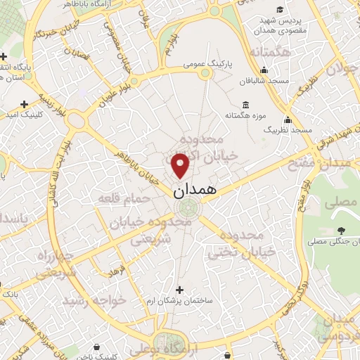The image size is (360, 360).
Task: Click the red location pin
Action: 181,165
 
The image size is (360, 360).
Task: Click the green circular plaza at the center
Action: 187,208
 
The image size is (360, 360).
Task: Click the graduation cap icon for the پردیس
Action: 280,9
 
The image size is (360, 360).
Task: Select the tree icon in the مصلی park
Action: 341,231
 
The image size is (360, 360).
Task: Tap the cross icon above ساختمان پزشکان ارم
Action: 180,289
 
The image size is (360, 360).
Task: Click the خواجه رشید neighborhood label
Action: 94,300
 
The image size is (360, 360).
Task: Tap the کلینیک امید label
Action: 25,113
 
